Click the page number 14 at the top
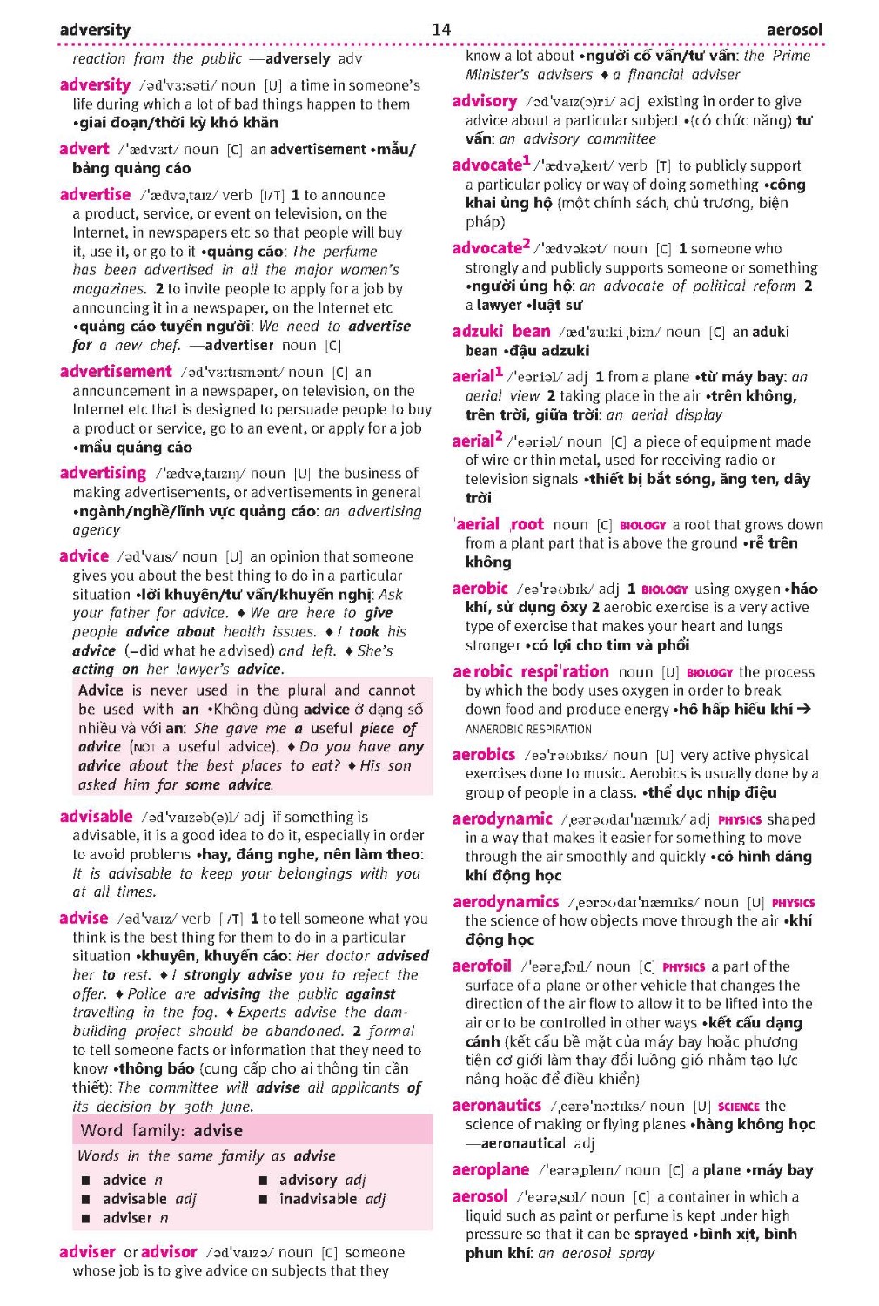pos(441,29)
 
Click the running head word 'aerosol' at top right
pos(794,30)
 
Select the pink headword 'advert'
pos(84,149)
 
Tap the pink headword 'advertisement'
pos(116,372)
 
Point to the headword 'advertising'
pos(103,473)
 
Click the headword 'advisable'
pos(96,817)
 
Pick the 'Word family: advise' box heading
pos(161,1130)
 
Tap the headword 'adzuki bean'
pos(500,332)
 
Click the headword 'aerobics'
pos(483,755)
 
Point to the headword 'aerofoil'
pos(481,966)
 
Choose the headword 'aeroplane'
pos(490,1169)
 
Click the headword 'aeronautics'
pos(496,1106)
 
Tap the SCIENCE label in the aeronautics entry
pos(738,1107)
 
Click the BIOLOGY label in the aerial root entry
pos(642,525)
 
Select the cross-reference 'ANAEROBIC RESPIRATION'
pos(528,730)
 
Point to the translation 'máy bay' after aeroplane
pos(786,1170)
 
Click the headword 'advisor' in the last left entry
pos(169,1252)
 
